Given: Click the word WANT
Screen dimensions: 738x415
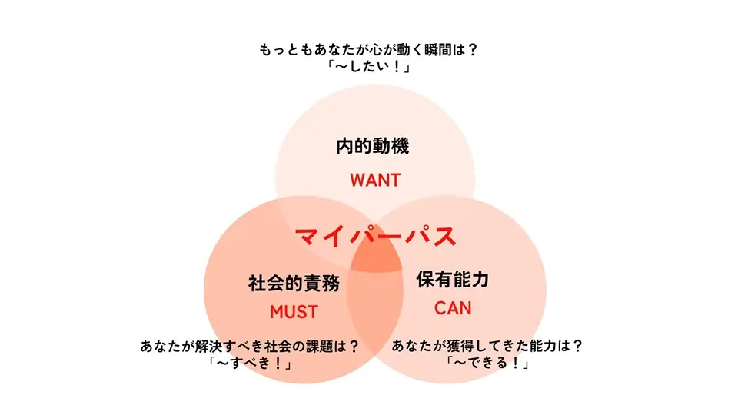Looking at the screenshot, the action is point(375,180).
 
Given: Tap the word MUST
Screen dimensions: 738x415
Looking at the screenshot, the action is point(294,312).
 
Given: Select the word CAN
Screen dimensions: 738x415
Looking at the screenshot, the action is point(453,308).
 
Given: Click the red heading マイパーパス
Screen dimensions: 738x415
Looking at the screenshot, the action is point(375,236).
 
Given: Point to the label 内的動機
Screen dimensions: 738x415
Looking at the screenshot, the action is point(373,146).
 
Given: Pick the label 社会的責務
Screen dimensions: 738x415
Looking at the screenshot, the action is point(294,284).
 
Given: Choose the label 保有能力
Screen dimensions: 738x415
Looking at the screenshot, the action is point(453,280).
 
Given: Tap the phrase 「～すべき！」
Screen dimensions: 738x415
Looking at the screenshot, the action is point(250,363).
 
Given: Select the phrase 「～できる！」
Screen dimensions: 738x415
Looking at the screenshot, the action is point(487,363).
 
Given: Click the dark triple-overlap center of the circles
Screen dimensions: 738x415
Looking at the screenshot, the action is point(376,257).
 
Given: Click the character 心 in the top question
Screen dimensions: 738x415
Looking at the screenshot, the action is point(361,49).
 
